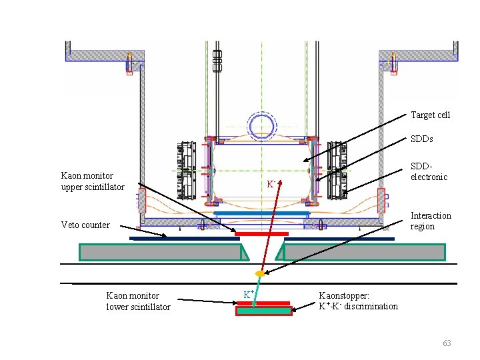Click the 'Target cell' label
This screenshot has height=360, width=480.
click(430, 115)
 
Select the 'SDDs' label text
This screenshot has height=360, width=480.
click(421, 139)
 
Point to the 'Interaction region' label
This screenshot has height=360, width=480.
click(430, 221)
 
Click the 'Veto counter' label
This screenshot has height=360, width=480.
click(85, 225)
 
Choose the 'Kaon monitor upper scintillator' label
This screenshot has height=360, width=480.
click(93, 181)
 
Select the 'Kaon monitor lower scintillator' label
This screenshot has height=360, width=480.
click(138, 301)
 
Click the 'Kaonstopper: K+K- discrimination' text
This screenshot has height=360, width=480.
click(358, 301)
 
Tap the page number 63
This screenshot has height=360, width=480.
click(447, 343)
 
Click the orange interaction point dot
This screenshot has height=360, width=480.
click(260, 274)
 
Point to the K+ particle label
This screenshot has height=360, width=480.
click(247, 294)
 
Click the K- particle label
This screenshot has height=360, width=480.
click(271, 183)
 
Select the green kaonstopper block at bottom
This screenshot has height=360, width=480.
click(263, 311)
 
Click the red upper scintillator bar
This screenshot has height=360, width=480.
click(261, 234)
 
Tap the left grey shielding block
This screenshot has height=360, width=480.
click(160, 252)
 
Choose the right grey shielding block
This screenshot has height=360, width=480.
click(363, 252)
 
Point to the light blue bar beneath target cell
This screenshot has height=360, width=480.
click(261, 214)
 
